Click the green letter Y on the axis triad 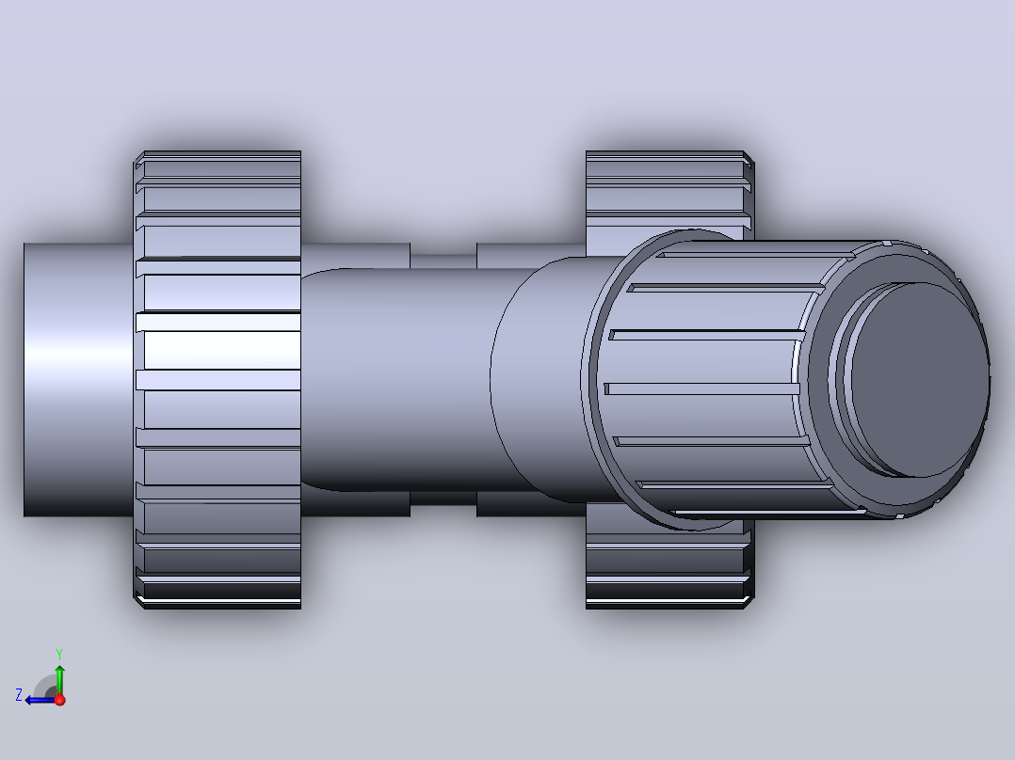[59, 654]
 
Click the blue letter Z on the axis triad [19, 695]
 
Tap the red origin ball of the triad [59, 700]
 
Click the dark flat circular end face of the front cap [920, 380]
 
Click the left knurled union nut [217, 380]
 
